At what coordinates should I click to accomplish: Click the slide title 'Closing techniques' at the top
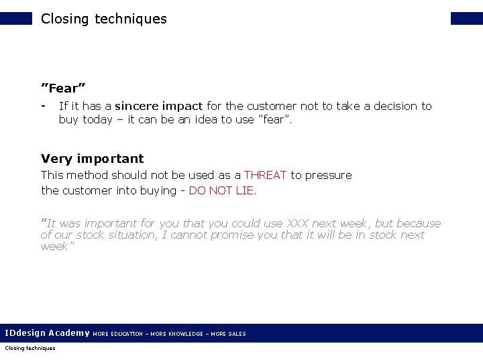[103, 19]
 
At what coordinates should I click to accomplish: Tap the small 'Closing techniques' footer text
[30, 348]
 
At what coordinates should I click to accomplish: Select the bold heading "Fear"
[63, 88]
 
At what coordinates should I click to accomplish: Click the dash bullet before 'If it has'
[44, 105]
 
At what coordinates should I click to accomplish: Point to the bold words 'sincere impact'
[159, 106]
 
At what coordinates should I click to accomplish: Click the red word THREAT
[265, 175]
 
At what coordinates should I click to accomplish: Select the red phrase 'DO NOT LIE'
[221, 190]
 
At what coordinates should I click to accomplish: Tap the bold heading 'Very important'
[92, 159]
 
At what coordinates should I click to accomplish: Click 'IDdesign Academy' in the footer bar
[47, 333]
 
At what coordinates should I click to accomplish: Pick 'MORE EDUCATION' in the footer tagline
[117, 334]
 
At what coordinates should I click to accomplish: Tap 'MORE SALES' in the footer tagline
[228, 334]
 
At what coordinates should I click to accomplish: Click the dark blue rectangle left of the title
[16, 18]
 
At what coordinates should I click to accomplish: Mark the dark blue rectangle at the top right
[466, 18]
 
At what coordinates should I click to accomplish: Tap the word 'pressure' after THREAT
[329, 175]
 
